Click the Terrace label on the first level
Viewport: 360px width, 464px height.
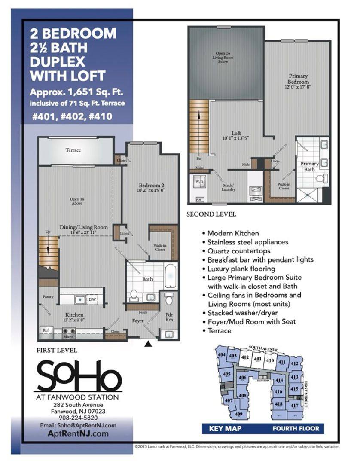point(73,150)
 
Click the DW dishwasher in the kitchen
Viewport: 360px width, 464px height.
point(92,299)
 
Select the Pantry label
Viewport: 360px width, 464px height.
point(48,296)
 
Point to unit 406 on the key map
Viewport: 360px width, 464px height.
point(243,378)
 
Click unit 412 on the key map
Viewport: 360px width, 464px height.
point(294,363)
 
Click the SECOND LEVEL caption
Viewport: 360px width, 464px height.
point(211,214)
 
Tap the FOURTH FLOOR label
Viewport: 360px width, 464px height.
point(296,428)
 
